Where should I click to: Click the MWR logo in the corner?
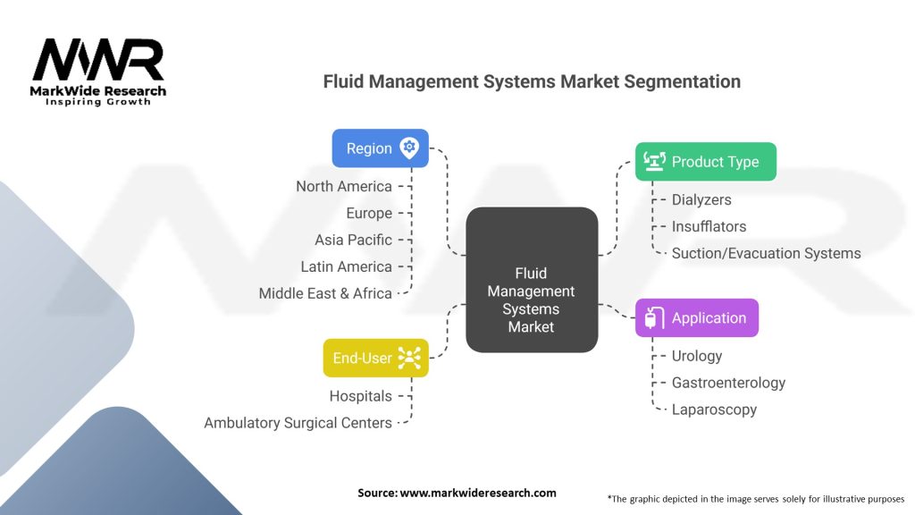(98, 72)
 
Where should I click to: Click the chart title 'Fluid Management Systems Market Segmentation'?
(532, 81)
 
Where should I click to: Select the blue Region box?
(380, 148)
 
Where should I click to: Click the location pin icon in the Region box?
(409, 148)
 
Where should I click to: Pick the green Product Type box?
(705, 162)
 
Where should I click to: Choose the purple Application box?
(696, 318)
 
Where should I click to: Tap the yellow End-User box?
(375, 359)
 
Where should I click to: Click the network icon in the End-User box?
(409, 359)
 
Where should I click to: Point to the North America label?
(344, 186)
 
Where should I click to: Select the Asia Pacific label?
(353, 240)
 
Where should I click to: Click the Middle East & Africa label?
(325, 293)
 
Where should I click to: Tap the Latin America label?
(347, 266)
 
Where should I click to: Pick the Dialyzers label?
(701, 199)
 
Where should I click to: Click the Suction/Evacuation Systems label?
(766, 253)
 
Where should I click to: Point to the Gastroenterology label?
(728, 383)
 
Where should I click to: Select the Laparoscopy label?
(714, 409)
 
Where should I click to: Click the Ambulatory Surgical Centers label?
(298, 423)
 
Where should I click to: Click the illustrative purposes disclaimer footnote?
(755, 498)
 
